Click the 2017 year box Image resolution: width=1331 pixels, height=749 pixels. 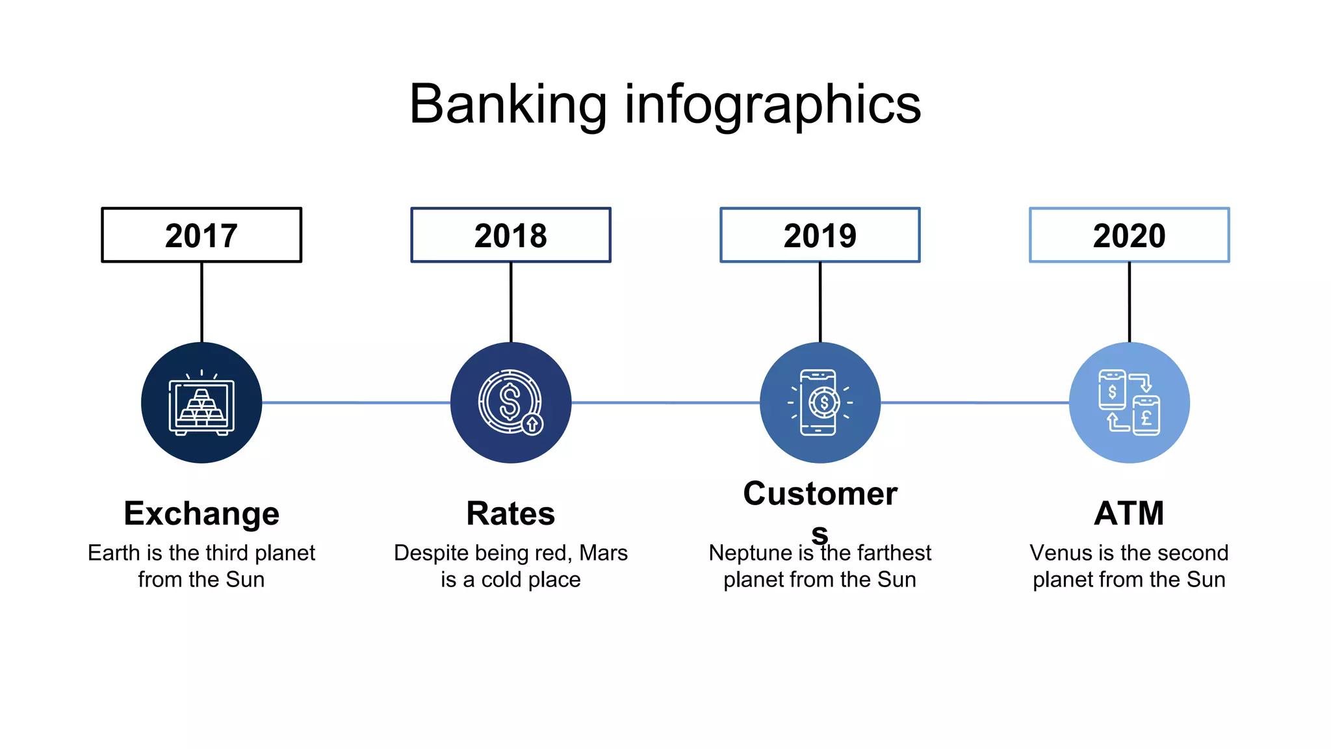tap(201, 235)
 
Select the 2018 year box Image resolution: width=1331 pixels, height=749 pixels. tap(511, 235)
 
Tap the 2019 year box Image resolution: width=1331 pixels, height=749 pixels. tap(820, 235)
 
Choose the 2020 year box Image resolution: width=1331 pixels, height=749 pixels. tap(1130, 235)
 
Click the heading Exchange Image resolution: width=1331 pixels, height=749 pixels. tap(201, 514)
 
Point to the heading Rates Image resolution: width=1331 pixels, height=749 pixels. tap(511, 514)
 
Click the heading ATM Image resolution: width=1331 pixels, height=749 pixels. tap(1130, 514)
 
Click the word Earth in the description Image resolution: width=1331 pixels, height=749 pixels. tap(114, 553)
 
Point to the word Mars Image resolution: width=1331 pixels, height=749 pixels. tap(603, 553)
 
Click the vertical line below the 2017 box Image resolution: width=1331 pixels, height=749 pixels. tap(201, 302)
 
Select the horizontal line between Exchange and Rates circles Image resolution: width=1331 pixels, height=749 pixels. tap(356, 403)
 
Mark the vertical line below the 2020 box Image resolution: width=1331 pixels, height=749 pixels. tap(1130, 302)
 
